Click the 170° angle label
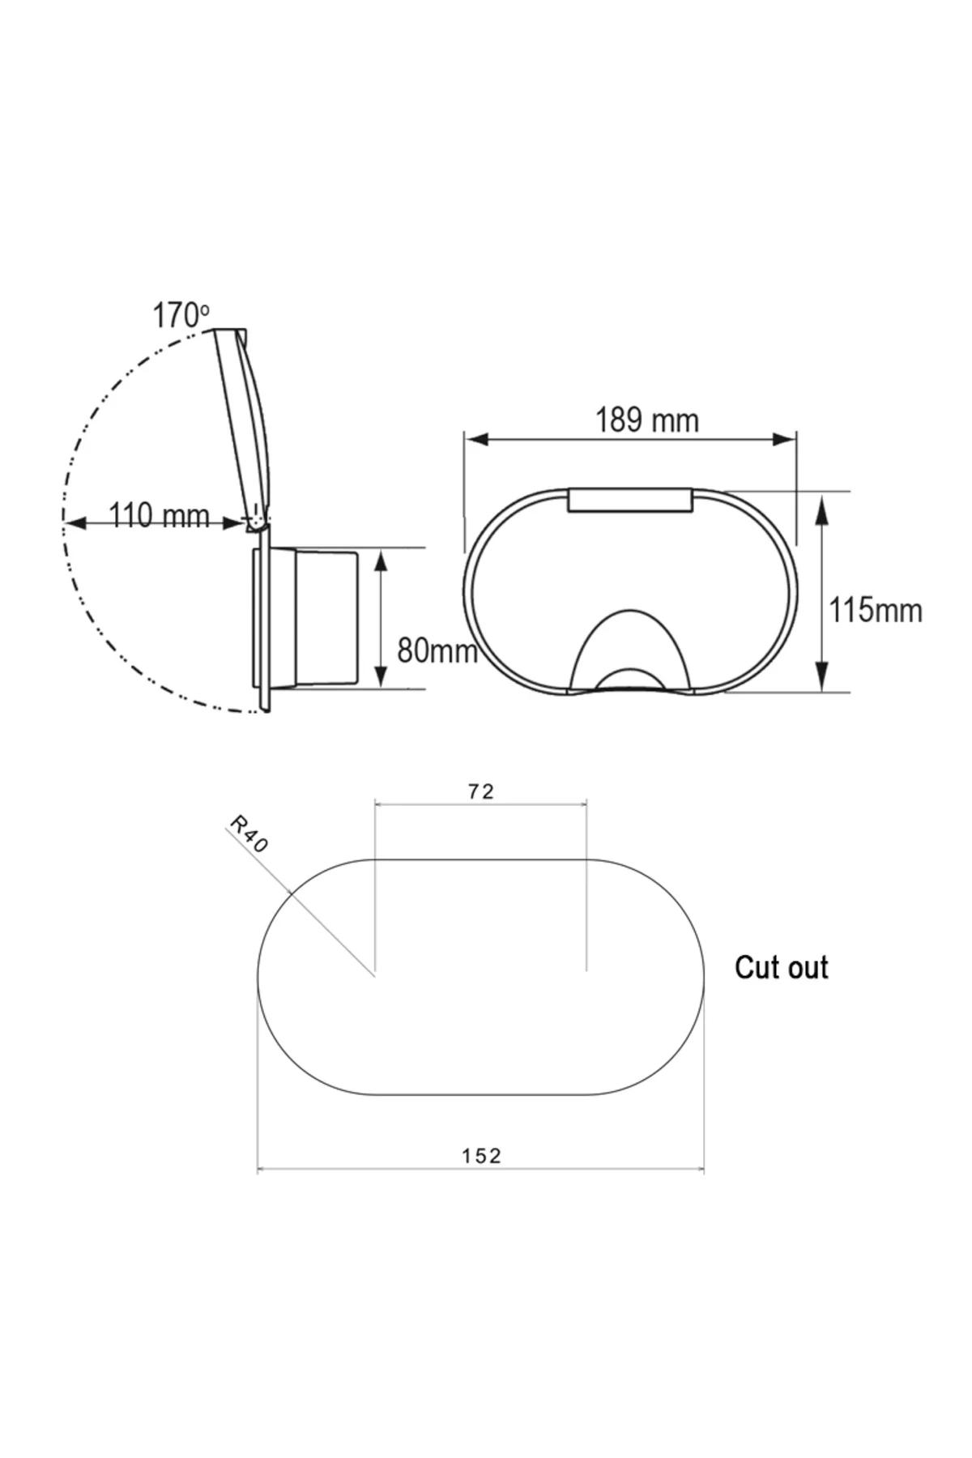181,315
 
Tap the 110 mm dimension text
159,515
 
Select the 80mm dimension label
437,650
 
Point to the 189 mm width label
647,420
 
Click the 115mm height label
875,610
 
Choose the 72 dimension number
481,791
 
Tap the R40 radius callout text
248,834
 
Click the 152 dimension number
482,1156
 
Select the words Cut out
782,967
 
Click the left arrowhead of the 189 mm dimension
475,439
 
